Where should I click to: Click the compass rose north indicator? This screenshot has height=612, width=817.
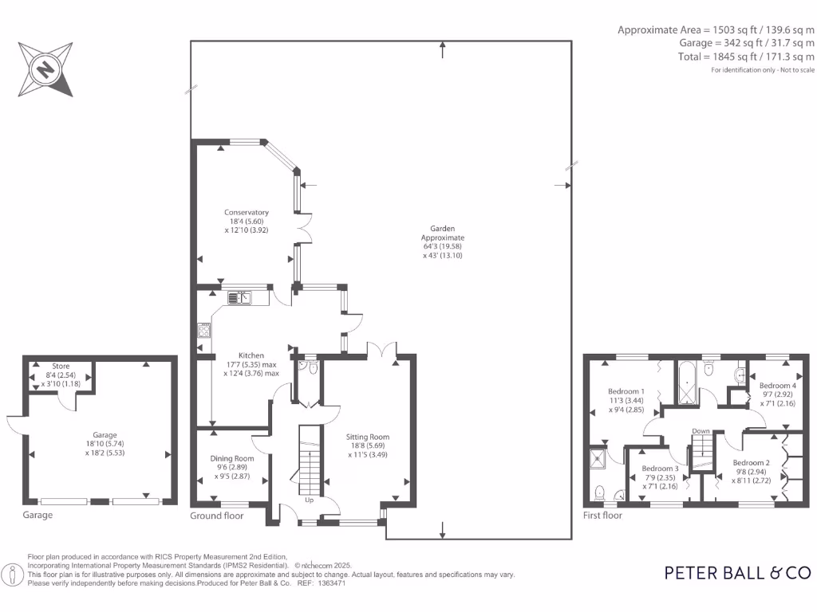point(46,69)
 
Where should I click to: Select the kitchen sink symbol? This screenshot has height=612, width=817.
point(239,298)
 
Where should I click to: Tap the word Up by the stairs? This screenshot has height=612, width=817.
point(310,500)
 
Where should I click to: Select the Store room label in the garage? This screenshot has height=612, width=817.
point(61,366)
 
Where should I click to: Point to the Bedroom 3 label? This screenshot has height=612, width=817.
point(660,469)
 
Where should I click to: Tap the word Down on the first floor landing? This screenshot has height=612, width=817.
point(701,431)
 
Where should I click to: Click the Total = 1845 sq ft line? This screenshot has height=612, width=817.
point(745,57)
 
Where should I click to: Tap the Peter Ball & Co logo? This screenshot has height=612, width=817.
point(738,572)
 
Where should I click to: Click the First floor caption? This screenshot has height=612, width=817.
point(602,516)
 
